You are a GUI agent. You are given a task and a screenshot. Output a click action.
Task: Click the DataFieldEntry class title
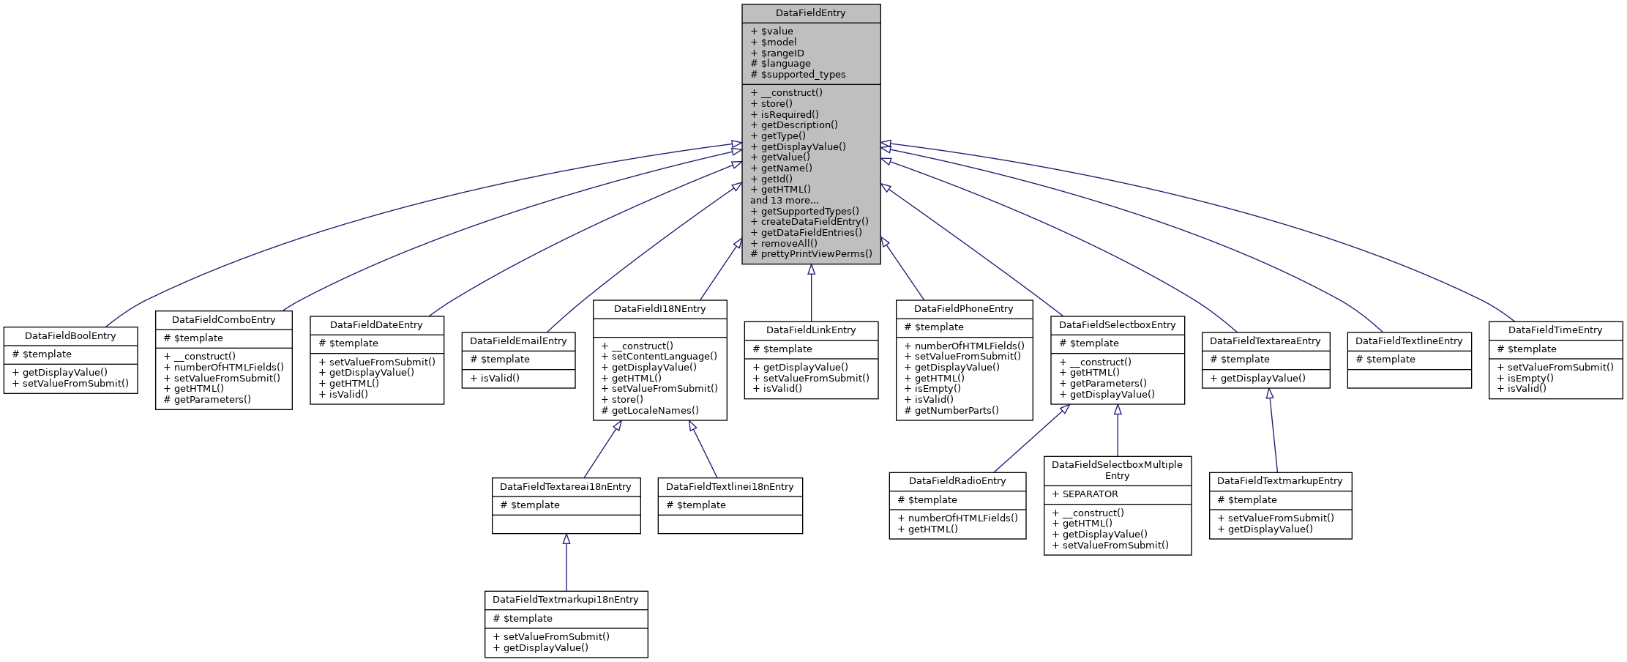810,13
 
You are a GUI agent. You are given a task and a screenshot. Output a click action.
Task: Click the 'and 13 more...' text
784,200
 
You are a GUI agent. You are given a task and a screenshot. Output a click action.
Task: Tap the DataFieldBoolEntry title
70,336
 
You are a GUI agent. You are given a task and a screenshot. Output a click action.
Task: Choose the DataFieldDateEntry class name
376,325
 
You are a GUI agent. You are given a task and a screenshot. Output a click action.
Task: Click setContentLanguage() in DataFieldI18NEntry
664,357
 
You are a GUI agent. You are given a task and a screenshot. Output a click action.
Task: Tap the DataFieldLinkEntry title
810,330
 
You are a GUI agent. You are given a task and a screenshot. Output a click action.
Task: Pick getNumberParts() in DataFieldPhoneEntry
956,410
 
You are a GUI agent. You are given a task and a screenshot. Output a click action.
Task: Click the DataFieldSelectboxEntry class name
1117,325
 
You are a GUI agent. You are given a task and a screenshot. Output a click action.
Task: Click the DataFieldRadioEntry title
957,481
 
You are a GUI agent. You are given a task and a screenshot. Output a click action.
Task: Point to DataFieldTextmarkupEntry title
1279,481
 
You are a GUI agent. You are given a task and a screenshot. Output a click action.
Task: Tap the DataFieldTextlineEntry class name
1408,341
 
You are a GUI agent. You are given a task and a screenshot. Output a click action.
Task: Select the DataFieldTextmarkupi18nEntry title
565,600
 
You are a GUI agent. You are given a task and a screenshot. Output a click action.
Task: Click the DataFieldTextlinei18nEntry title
729,487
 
